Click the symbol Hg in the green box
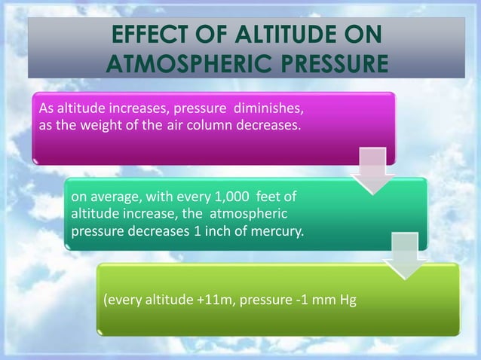coord(348,302)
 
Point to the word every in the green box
coord(124,302)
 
